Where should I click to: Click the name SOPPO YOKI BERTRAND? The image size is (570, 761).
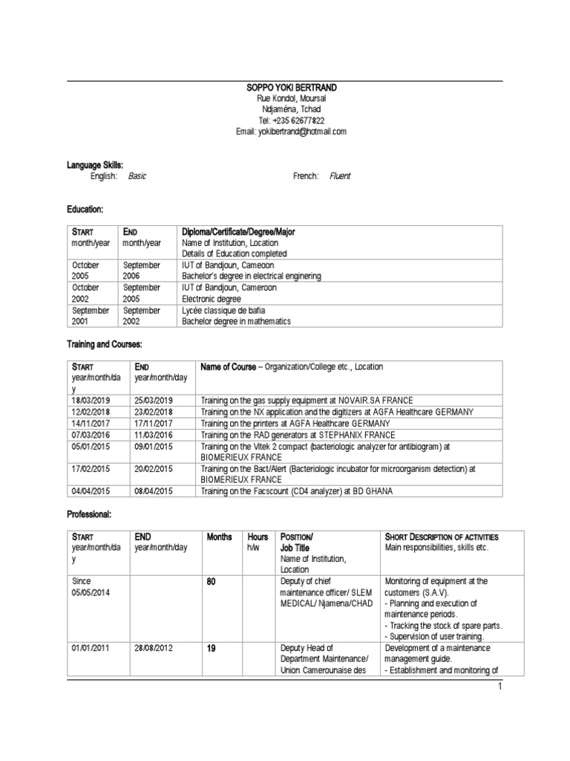pyautogui.click(x=285, y=88)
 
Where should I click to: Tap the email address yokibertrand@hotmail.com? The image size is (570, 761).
pyautogui.click(x=302, y=132)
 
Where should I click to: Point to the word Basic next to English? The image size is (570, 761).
pyautogui.click(x=137, y=176)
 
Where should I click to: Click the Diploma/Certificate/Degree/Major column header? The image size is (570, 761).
pyautogui.click(x=238, y=232)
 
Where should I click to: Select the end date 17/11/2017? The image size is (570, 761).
pyautogui.click(x=154, y=424)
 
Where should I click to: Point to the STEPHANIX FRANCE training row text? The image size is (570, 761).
pyautogui.click(x=298, y=435)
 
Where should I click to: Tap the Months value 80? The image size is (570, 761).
pyautogui.click(x=211, y=581)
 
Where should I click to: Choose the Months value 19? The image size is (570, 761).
pyautogui.click(x=211, y=648)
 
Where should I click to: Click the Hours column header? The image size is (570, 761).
pyautogui.click(x=258, y=537)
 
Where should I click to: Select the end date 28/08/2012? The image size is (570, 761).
pyautogui.click(x=154, y=648)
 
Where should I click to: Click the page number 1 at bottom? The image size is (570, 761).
pyautogui.click(x=500, y=686)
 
